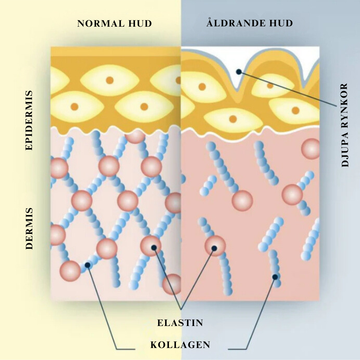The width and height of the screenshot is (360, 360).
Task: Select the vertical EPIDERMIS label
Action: (29, 121)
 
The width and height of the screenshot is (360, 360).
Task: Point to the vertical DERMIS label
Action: (29, 229)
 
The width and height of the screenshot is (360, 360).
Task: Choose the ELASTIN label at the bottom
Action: (180, 323)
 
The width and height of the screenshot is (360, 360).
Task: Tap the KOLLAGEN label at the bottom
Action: (180, 345)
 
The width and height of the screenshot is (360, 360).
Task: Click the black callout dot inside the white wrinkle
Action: (239, 72)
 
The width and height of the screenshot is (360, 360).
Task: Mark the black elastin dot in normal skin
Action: (154, 247)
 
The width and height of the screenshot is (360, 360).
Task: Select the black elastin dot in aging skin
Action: (214, 248)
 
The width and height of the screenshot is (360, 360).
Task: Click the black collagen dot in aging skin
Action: (275, 277)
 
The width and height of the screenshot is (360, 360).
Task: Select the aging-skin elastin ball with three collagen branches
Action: (292, 195)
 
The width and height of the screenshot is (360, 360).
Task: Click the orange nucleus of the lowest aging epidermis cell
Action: (233, 119)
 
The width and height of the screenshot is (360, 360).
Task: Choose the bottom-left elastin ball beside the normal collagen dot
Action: (70, 271)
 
